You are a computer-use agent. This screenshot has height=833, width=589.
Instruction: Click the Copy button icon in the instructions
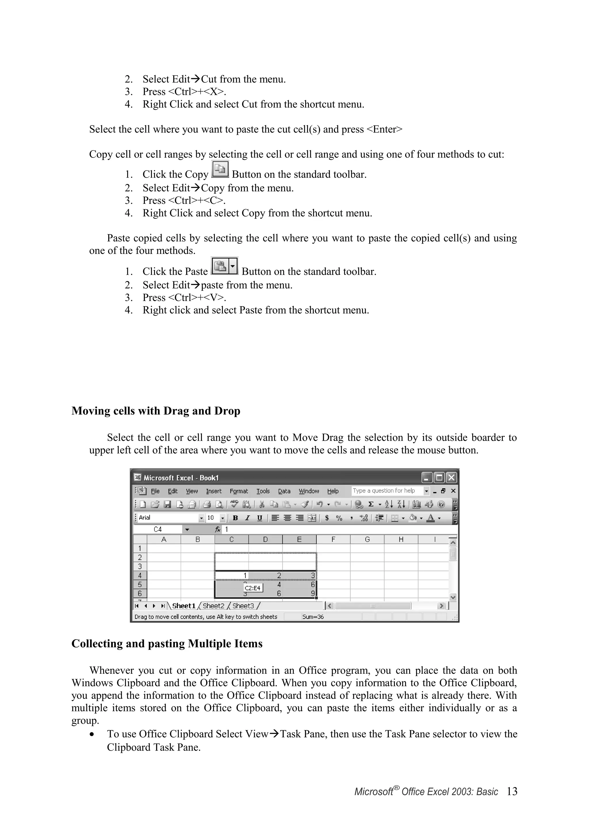coord(220,169)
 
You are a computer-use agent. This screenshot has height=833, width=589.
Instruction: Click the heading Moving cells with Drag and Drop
coord(156,411)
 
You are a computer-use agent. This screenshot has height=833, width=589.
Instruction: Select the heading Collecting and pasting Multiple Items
coord(167,643)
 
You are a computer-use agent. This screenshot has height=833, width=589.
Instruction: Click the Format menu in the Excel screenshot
coord(238,491)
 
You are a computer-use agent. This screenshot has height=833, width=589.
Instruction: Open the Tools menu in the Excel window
coord(263,491)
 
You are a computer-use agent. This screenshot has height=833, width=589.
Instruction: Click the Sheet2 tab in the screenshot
coord(213,606)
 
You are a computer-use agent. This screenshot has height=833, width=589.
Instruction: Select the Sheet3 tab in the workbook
coord(243,606)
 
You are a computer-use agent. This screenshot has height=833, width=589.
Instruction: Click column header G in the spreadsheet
coord(367,540)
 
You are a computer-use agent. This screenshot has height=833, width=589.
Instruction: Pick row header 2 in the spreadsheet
coord(140,557)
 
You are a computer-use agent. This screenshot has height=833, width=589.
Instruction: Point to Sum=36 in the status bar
coord(313,617)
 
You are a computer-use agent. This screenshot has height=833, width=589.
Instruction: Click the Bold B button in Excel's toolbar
coord(235,518)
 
